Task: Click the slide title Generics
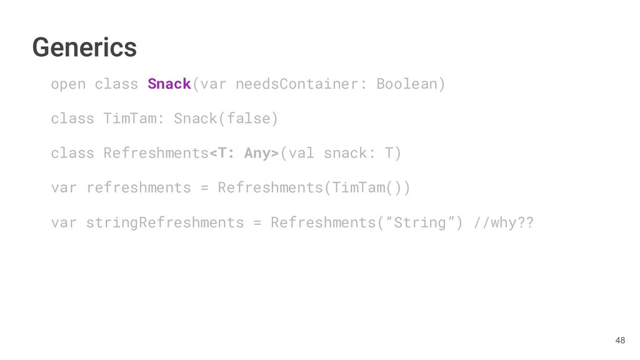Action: (84, 47)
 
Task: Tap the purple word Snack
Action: (169, 84)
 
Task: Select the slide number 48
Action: (619, 341)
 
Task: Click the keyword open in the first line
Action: (68, 84)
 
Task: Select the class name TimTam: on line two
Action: (134, 118)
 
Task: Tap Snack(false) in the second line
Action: (226, 118)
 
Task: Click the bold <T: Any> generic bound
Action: (244, 153)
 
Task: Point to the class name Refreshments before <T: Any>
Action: (156, 153)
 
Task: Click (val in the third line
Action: (297, 153)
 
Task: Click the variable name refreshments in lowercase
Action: (138, 187)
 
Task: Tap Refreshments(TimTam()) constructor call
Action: (314, 187)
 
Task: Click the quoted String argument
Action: (411, 222)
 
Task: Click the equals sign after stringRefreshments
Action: (257, 222)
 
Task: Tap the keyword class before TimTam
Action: (72, 118)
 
